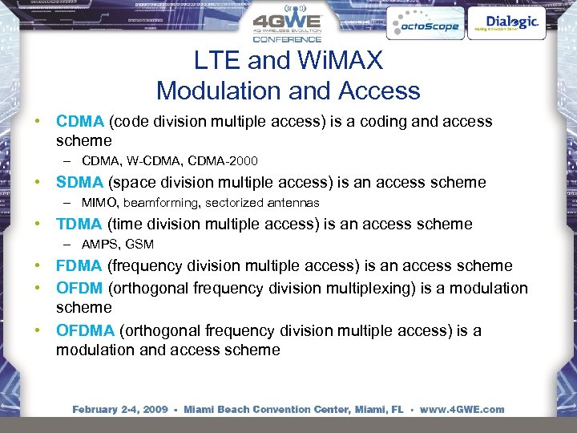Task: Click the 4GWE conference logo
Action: [x=288, y=25]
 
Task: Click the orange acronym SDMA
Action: [x=79, y=182]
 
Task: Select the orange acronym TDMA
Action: [x=79, y=224]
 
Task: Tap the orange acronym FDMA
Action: [x=79, y=265]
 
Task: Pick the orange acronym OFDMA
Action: [x=85, y=330]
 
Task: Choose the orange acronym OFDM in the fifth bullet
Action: [x=79, y=288]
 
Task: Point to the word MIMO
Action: [x=99, y=203]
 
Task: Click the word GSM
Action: [x=139, y=245]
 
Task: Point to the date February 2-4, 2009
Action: [x=120, y=409]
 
